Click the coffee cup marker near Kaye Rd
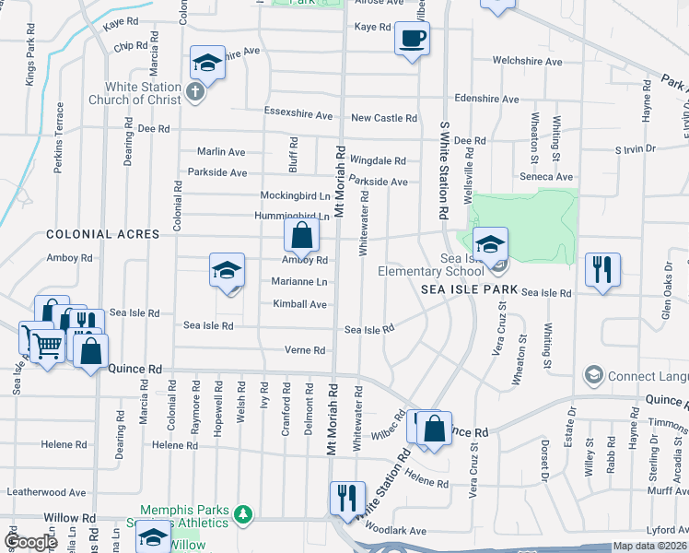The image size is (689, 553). [x=412, y=39]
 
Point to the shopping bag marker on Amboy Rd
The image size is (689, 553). [x=301, y=236]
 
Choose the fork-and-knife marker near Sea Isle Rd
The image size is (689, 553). [x=602, y=270]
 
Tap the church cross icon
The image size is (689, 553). [x=193, y=91]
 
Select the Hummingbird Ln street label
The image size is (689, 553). [x=291, y=217]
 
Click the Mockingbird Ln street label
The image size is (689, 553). [x=295, y=196]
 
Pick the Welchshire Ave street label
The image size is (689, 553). [x=527, y=62]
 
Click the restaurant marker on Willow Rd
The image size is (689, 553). [x=346, y=499]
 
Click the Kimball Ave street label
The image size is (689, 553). [x=299, y=304]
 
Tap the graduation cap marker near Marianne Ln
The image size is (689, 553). [x=227, y=270]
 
